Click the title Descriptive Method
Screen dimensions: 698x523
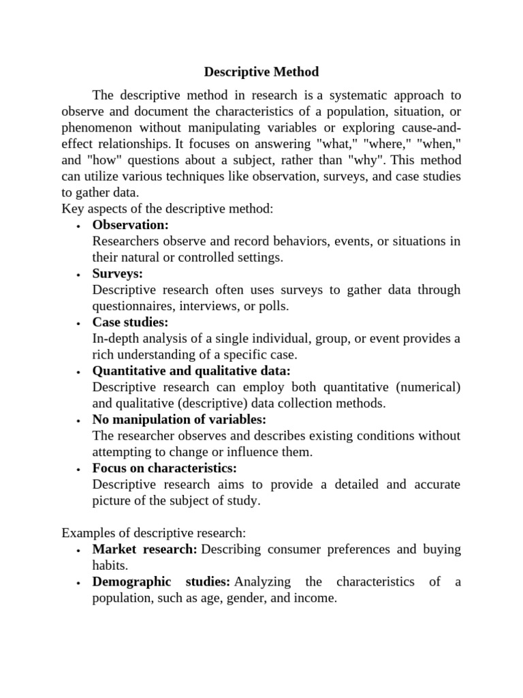pos(261,72)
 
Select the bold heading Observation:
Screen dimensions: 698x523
pos(130,225)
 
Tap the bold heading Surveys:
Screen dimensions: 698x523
pos(117,273)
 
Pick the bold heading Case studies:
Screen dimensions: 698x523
pos(130,322)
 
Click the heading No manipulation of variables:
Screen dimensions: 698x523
pos(179,419)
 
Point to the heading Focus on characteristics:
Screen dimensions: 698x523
pos(164,468)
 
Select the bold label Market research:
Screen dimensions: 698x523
pos(144,549)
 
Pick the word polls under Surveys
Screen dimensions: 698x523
pos(273,306)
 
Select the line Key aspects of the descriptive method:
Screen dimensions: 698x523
pos(167,209)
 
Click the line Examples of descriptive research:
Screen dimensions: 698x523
pos(153,532)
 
